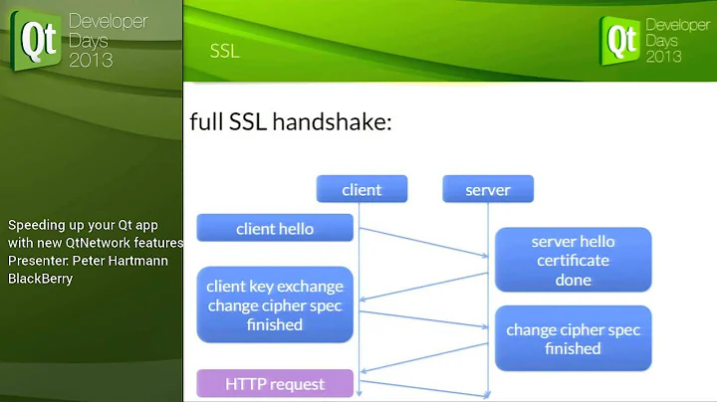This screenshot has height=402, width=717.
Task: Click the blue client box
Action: click(x=361, y=189)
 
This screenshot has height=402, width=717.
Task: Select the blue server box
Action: click(x=488, y=189)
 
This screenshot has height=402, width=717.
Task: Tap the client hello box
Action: click(x=275, y=229)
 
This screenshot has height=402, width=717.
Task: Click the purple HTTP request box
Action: click(x=275, y=383)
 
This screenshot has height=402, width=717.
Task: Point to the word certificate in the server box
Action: click(x=573, y=261)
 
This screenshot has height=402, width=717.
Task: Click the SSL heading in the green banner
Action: click(x=225, y=51)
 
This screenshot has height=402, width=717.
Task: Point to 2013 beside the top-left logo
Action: click(x=91, y=60)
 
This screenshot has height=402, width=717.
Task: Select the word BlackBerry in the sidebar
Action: click(x=41, y=279)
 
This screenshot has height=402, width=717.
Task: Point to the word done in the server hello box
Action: click(x=573, y=280)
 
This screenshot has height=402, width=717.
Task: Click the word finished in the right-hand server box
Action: click(x=573, y=348)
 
